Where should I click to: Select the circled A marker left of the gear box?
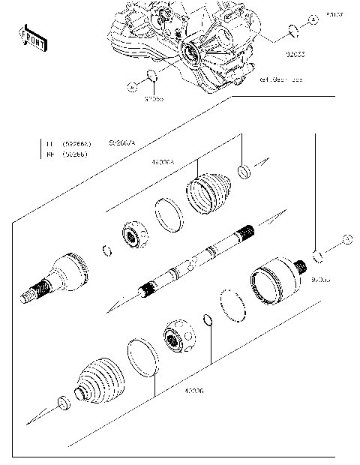131,87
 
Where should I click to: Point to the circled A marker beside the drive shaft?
346,239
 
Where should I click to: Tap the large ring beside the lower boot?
142,357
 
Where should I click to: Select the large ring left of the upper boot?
169,215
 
